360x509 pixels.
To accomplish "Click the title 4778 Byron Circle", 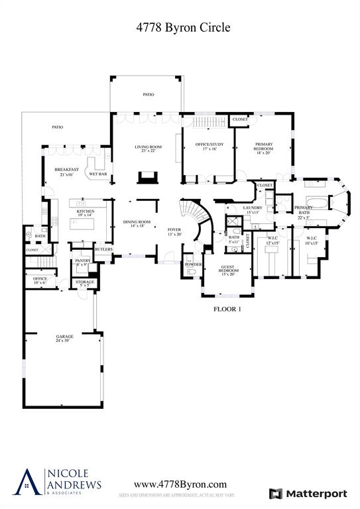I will [x=180, y=27].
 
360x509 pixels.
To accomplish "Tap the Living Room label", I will [x=148, y=149].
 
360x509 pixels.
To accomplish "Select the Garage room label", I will [x=64, y=339].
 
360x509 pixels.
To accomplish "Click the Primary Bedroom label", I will [x=263, y=150].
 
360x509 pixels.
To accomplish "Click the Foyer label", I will [x=174, y=231].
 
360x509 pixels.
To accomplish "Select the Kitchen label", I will [x=86, y=213].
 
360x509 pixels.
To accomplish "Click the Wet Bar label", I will [x=98, y=175].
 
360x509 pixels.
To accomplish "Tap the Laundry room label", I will [x=253, y=209].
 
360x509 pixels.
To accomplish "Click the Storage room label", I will [x=84, y=284].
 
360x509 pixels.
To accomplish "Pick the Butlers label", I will [x=103, y=249].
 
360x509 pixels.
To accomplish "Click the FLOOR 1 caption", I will [x=227, y=309].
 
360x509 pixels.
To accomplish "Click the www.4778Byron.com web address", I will [x=180, y=484].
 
